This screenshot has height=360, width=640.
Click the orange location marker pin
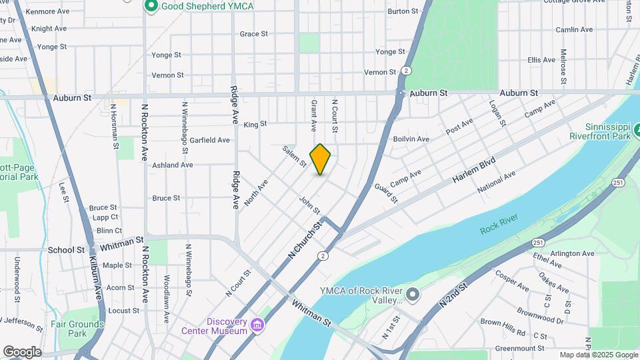(320, 159)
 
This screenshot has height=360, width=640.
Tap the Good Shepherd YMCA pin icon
(151, 6)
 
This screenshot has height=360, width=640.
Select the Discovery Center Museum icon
(257, 326)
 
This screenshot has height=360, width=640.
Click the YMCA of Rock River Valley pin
(413, 294)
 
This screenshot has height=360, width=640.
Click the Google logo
(22, 352)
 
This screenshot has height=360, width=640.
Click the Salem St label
(294, 156)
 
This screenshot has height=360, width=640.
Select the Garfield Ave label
(210, 140)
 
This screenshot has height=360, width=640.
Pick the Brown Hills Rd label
(503, 327)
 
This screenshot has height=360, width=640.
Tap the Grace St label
(253, 33)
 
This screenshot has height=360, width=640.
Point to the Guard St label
(385, 194)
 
